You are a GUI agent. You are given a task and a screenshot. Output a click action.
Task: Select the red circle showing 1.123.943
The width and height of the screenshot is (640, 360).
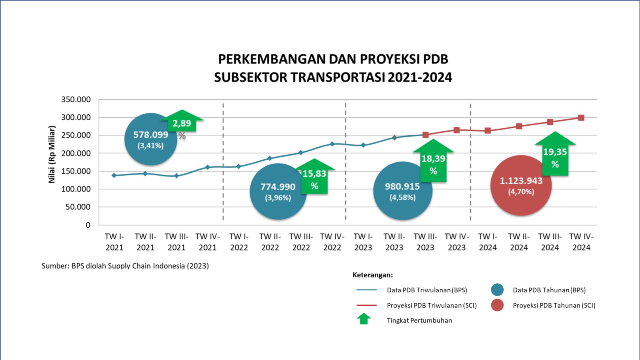[521, 186]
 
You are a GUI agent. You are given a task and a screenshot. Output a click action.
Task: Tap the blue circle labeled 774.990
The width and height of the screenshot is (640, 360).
[278, 192]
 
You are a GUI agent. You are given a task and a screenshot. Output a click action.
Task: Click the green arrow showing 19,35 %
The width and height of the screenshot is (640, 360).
[555, 155]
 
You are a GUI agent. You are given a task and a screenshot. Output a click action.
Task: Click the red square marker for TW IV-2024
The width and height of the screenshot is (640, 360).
[581, 118]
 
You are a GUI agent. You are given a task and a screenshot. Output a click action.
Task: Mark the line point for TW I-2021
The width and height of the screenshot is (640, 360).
[114, 175]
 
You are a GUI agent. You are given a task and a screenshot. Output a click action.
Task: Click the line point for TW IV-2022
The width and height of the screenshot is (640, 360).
[332, 144]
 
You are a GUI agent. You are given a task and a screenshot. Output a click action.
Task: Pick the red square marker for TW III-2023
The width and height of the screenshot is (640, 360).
[426, 135]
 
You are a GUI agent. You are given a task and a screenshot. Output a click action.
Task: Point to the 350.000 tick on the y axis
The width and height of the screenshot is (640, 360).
[76, 100]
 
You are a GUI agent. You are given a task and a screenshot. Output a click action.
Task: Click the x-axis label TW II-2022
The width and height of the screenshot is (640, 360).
[270, 242]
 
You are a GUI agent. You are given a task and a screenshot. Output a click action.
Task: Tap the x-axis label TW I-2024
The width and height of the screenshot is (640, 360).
[488, 242]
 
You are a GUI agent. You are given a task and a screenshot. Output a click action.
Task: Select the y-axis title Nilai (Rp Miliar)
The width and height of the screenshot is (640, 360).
[52, 154]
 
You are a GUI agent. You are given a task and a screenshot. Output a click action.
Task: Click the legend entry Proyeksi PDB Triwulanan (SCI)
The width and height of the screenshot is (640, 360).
[432, 306]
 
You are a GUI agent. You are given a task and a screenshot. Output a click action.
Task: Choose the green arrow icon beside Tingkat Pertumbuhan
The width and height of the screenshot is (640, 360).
[364, 319]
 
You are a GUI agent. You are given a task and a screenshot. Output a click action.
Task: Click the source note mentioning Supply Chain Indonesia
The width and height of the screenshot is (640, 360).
[125, 266]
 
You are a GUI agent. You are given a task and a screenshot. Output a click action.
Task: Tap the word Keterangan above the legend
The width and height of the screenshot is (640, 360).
[372, 275]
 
